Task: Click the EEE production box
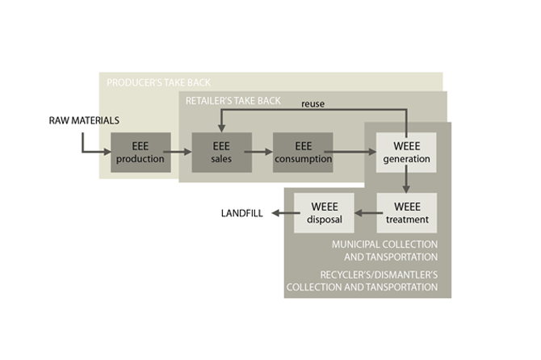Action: pos(140,153)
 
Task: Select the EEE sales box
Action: pos(220,153)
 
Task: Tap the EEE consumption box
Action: pos(303,153)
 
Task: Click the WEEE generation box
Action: pos(406,153)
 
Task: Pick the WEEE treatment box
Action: pos(406,213)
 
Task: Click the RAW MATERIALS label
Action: pos(84,121)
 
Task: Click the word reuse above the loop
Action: pos(314,104)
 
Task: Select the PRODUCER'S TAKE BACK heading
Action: pos(158,82)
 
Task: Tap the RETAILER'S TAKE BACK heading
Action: pos(233,101)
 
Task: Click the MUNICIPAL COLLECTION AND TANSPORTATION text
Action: pos(384,250)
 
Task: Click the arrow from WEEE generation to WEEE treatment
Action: pos(406,182)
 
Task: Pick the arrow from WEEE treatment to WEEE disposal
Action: pos(365,214)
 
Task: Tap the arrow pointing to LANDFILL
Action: pos(282,214)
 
